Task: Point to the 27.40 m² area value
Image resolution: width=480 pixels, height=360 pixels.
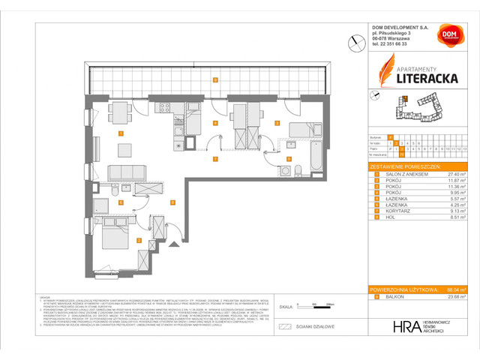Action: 452,173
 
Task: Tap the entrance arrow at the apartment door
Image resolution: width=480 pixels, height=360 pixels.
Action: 174,243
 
